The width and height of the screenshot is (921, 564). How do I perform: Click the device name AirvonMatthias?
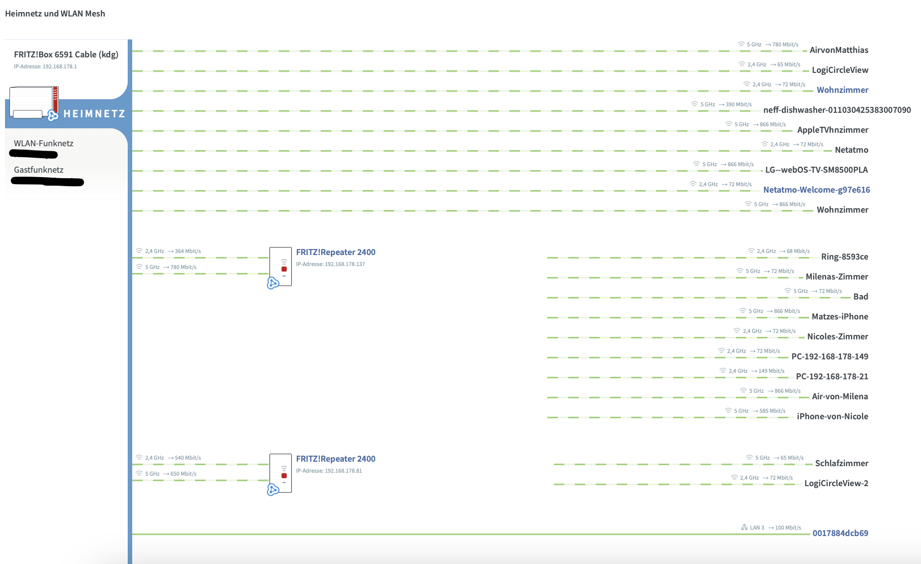839,50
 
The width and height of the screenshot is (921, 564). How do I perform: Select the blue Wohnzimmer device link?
842,90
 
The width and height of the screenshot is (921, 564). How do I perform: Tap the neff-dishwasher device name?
837,110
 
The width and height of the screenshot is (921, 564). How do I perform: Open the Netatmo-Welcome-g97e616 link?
816,190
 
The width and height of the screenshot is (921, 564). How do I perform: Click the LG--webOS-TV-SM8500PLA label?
816,170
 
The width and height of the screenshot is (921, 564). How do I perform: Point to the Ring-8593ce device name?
844,257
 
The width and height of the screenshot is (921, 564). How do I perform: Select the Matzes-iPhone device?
840,316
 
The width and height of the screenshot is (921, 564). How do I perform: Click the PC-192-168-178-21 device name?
832,376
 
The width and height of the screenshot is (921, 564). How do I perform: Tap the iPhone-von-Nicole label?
832,416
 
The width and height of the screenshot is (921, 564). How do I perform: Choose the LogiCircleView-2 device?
836,483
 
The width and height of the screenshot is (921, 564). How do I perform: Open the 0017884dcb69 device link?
840,533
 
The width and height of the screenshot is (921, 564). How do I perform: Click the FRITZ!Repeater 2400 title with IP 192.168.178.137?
335,252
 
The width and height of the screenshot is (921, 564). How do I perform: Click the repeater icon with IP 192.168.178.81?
280,473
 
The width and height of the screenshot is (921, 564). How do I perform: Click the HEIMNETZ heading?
94,114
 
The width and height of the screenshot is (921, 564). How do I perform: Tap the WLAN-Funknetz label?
43,143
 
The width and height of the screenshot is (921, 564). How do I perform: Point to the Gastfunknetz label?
38,170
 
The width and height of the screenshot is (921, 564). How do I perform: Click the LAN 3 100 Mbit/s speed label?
771,528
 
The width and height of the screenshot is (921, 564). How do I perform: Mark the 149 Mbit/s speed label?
771,371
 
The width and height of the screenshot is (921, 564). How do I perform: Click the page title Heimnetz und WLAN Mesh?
55,13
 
